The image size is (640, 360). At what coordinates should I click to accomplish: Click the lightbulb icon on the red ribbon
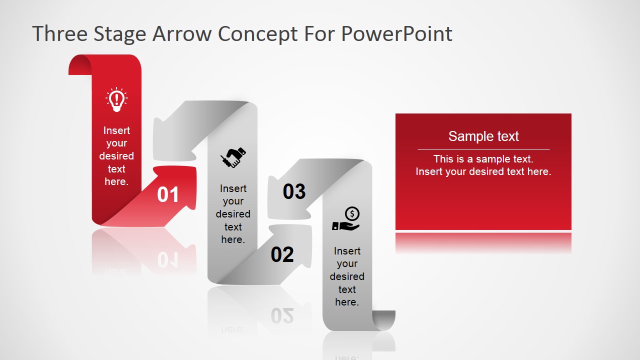(x=116, y=99)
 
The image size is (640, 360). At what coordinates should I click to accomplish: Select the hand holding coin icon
(x=346, y=219)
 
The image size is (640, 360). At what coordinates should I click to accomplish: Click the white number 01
(x=168, y=195)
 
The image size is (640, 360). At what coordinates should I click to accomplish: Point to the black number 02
(x=282, y=255)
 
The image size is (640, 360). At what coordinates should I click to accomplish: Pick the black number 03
(x=294, y=191)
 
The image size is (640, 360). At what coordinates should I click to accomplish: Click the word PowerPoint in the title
(x=397, y=34)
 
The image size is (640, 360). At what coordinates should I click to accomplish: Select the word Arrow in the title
(x=182, y=34)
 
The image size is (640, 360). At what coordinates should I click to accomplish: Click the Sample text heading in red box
(x=483, y=136)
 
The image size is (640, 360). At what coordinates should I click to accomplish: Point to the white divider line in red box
(x=483, y=149)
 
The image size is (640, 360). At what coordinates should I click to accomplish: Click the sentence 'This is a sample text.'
(x=483, y=159)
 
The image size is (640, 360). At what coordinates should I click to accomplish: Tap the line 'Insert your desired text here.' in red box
(x=483, y=171)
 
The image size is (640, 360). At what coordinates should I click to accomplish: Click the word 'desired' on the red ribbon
(x=116, y=156)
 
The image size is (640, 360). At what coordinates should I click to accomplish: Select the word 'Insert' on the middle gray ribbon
(x=233, y=188)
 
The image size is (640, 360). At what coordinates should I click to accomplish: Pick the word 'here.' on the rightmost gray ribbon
(x=347, y=302)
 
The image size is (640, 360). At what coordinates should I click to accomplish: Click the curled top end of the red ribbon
(x=80, y=65)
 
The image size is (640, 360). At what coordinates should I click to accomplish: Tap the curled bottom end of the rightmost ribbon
(x=384, y=320)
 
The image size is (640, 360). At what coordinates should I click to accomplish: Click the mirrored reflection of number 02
(x=282, y=315)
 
